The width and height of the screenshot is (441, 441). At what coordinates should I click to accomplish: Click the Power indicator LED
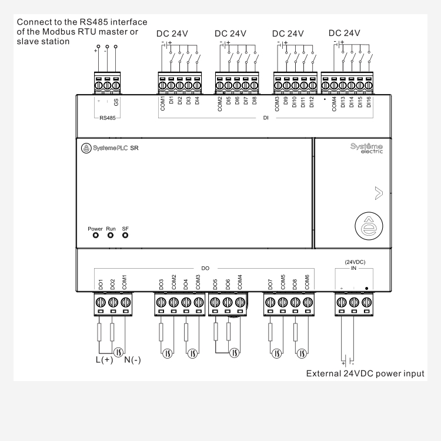[95, 236]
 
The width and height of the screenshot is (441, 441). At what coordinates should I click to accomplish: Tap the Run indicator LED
[111, 236]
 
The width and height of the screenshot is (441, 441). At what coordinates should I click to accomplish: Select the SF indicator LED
[125, 236]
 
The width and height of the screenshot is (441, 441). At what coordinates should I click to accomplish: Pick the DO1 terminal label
[101, 284]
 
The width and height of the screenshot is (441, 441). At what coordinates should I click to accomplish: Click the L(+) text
[103, 360]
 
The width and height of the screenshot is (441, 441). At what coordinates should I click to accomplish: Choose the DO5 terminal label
[215, 284]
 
